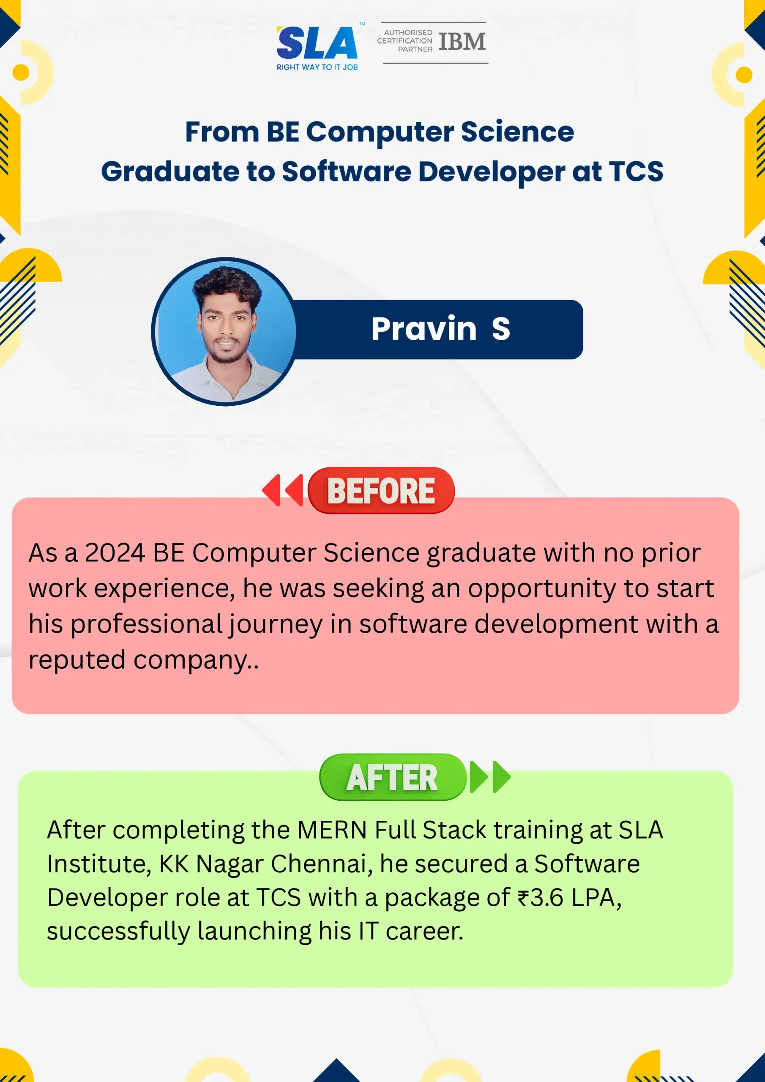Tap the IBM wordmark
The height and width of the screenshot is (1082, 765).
462,41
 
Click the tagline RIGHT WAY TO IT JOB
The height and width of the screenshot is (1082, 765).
317,67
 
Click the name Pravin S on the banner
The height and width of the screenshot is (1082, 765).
441,328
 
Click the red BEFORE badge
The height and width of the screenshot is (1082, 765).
381,491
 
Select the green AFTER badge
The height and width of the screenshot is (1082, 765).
393,777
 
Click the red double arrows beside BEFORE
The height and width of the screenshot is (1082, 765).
283,490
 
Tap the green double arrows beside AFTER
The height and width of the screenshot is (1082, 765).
490,776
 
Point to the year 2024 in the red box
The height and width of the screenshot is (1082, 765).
115,553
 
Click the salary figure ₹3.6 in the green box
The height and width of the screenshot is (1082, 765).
540,897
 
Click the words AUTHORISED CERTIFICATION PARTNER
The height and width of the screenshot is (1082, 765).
405,41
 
